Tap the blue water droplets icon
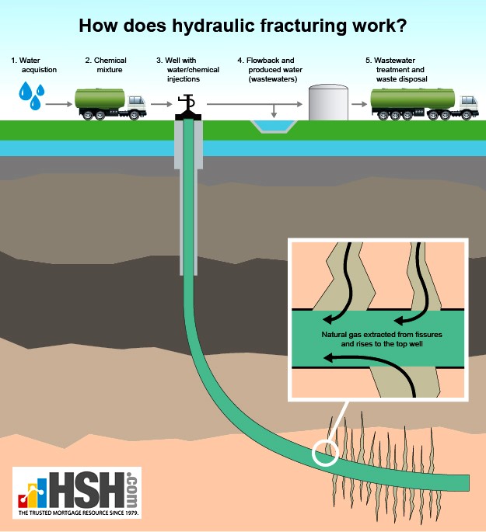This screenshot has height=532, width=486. pos(32,96)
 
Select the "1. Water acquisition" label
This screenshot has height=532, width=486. pos(33,64)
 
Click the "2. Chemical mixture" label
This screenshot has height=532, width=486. pos(106,64)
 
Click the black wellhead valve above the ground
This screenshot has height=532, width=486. pos(188,107)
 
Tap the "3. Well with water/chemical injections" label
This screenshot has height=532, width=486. pos(187,70)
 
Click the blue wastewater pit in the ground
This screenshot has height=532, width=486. pos(274,127)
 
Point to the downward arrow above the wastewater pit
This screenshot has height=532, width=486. pos(274,111)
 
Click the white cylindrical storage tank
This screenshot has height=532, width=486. pos(328,102)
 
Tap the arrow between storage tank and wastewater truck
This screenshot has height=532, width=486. pos(359,104)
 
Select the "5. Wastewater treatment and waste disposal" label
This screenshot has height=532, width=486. pos(397,70)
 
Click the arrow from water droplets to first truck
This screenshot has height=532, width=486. pos(59,104)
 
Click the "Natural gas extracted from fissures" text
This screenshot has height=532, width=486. pos(382,335)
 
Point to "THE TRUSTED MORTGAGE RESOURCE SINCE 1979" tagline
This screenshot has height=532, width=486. pos(79,513)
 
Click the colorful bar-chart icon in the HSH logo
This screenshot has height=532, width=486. pos(33,493)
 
